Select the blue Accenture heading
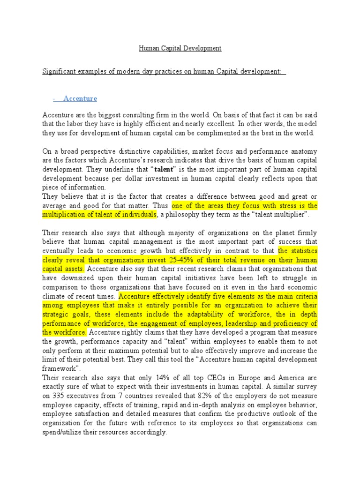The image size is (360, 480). tap(80, 98)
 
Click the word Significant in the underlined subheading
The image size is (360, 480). tap(60, 71)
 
